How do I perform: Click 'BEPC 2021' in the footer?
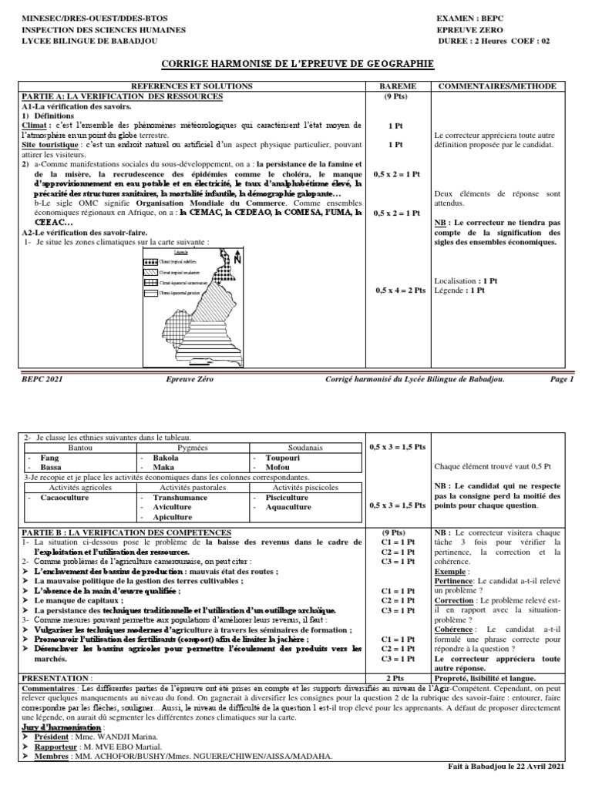(42, 379)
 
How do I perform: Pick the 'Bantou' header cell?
(79, 447)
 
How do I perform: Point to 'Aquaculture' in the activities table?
(288, 507)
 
